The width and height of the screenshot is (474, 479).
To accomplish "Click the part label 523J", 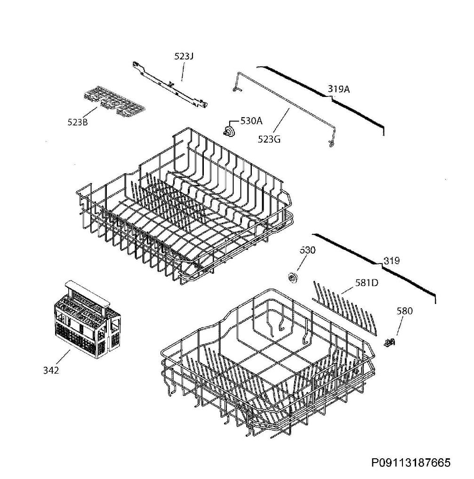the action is pyautogui.click(x=184, y=56).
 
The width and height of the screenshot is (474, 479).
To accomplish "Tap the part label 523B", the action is pyautogui.click(x=78, y=122).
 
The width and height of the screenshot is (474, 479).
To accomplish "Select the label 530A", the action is pyautogui.click(x=251, y=121).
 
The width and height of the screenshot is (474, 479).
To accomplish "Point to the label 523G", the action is pyautogui.click(x=269, y=139).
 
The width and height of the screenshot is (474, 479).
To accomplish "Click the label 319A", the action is pyautogui.click(x=339, y=89).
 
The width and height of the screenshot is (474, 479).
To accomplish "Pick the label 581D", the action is pyautogui.click(x=367, y=283).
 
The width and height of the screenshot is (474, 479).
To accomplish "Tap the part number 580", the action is pyautogui.click(x=405, y=311).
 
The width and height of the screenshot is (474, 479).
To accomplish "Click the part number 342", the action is pyautogui.click(x=51, y=370).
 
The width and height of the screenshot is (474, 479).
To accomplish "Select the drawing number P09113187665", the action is pyautogui.click(x=411, y=463).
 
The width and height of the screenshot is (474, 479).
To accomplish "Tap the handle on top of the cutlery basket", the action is pyautogui.click(x=87, y=293).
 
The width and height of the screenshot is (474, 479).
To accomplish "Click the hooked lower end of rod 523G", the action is pyautogui.click(x=331, y=144).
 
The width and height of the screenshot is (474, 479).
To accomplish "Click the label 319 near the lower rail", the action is pyautogui.click(x=392, y=261).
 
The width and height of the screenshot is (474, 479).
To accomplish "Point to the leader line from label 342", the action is pyautogui.click(x=64, y=358).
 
